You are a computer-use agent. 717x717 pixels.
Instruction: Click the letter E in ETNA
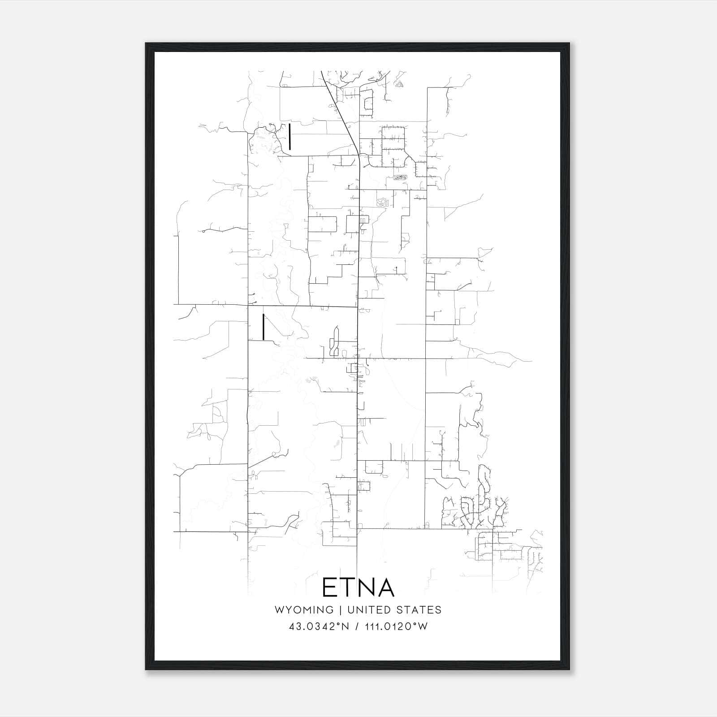329,587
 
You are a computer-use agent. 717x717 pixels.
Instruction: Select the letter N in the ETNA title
367,587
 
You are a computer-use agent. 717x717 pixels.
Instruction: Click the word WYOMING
304,610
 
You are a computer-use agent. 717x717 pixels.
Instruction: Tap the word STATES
419,610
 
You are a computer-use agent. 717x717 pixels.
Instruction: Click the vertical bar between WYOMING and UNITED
340,610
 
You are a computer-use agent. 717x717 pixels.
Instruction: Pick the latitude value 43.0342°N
319,626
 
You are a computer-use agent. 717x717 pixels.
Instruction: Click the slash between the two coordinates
356,626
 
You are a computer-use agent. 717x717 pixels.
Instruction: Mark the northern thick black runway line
290,136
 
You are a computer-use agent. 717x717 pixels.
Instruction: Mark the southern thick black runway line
263,326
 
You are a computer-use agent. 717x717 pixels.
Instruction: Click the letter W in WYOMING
279,610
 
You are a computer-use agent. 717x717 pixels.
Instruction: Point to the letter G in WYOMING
329,610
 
